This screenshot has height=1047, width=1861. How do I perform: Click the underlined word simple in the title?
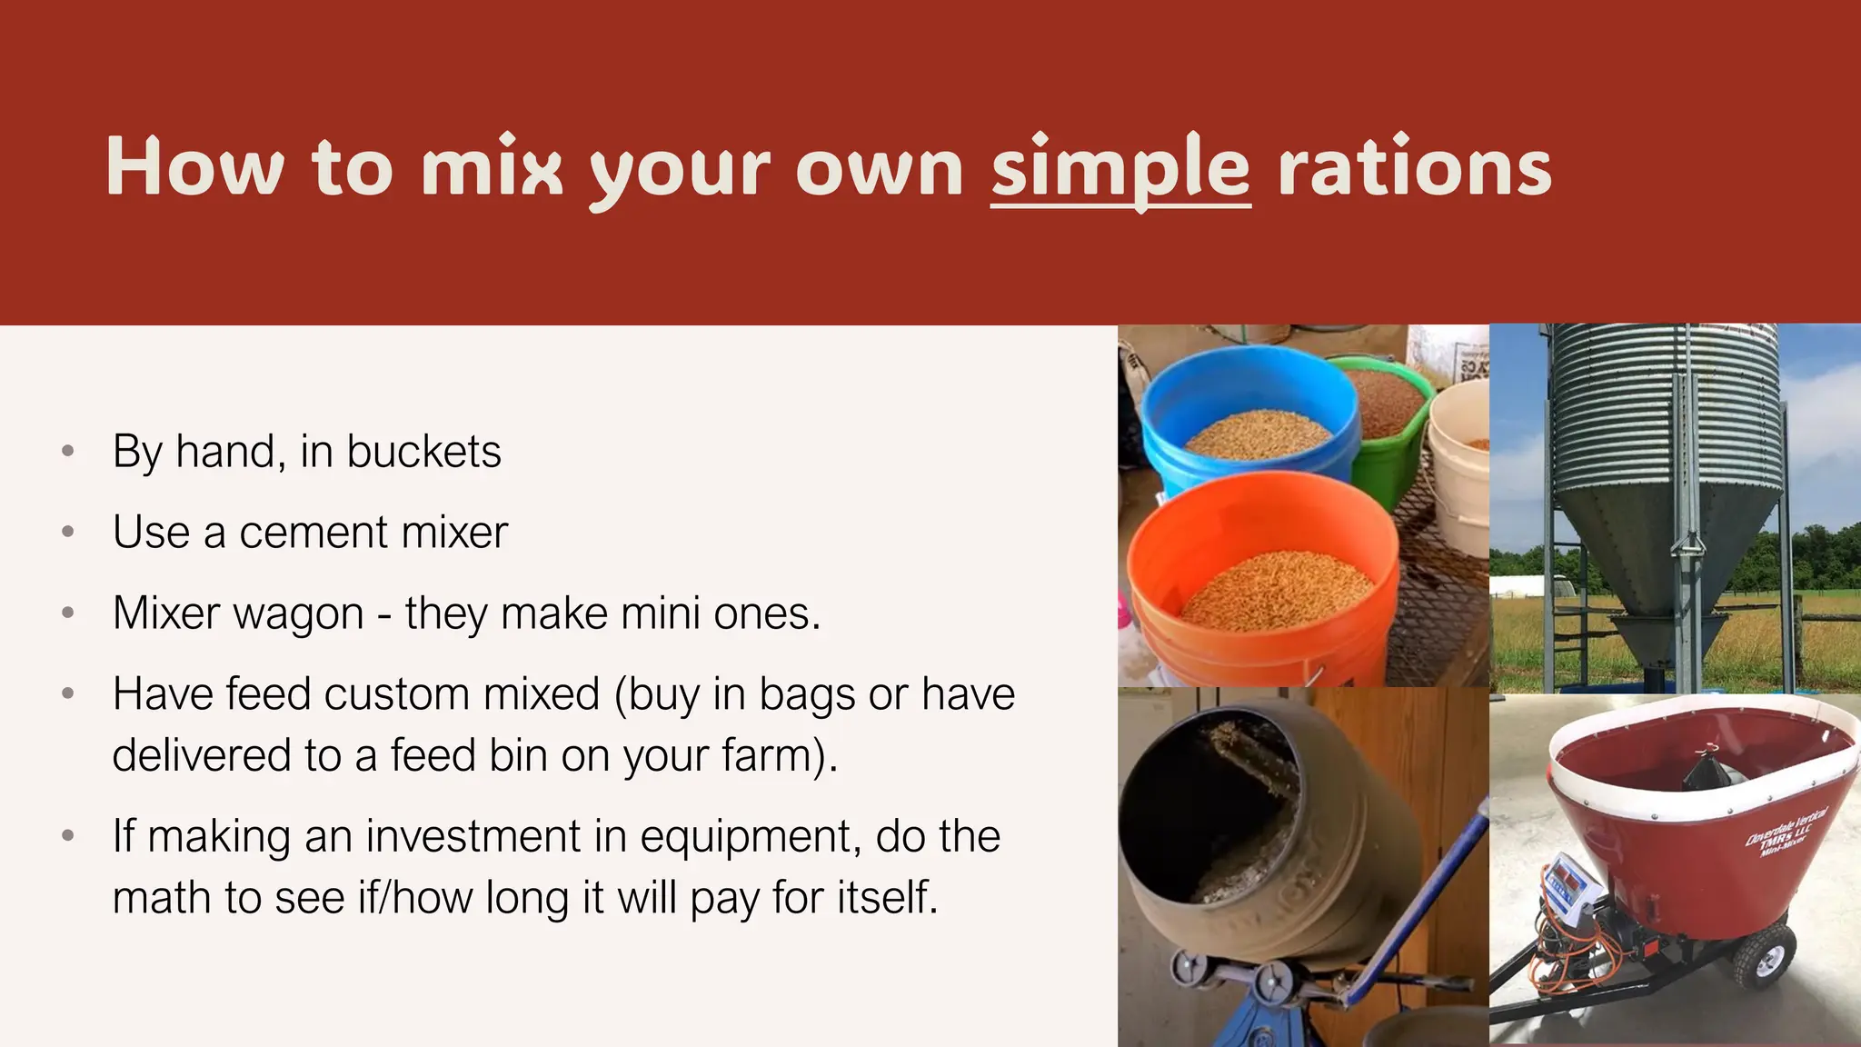pos(1120,169)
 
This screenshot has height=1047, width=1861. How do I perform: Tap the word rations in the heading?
pos(1414,169)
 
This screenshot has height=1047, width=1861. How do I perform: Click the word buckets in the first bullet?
pos(423,452)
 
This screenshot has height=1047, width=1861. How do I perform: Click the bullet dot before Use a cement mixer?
pos(67,533)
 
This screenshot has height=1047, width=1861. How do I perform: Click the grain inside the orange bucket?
pos(1277,591)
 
